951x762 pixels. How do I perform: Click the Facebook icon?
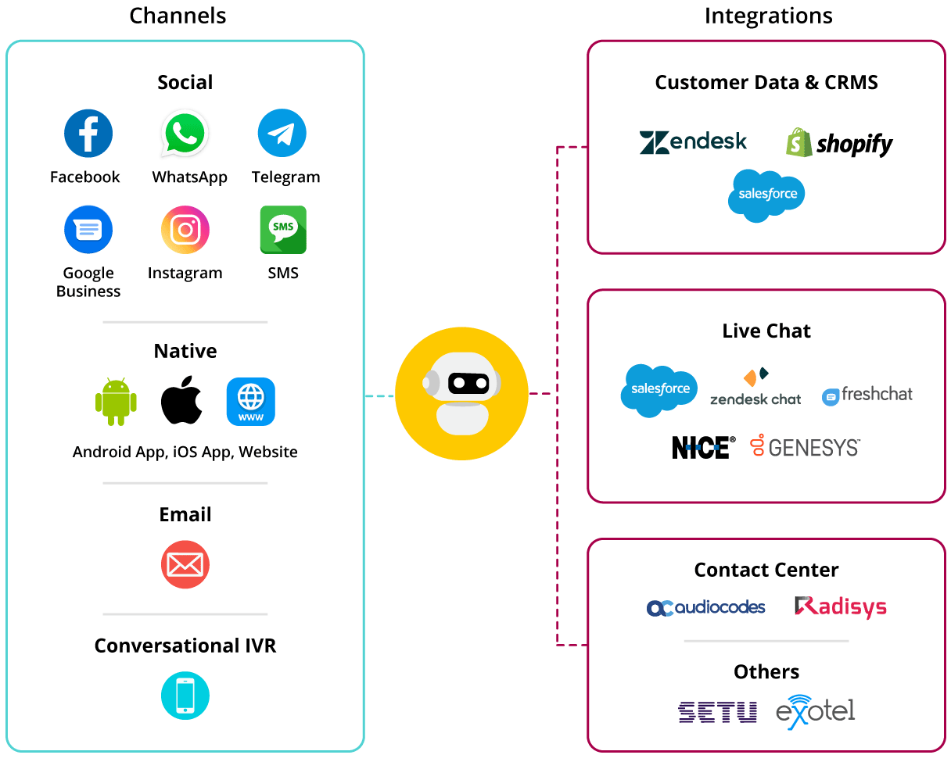click(x=88, y=134)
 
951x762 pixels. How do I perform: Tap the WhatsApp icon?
click(x=185, y=134)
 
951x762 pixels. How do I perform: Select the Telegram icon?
click(x=282, y=134)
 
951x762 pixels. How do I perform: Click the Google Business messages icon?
click(x=88, y=230)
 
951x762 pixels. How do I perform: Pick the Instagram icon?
click(x=185, y=230)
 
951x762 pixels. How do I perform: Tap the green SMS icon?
click(x=283, y=230)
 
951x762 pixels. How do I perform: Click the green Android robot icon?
click(x=116, y=402)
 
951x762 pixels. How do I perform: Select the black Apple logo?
click(x=181, y=402)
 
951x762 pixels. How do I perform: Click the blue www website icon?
click(x=251, y=402)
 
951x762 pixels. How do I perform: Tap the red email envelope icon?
click(x=185, y=564)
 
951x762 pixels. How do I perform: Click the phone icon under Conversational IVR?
click(x=185, y=696)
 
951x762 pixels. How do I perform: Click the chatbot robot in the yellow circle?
click(x=461, y=393)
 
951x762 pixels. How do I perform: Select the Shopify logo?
click(x=839, y=143)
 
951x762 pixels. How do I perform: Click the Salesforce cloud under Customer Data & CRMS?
click(x=766, y=195)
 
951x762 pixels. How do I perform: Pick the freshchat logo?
click(x=867, y=395)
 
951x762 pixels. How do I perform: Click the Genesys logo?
click(x=806, y=447)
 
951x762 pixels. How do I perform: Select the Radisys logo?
click(x=841, y=606)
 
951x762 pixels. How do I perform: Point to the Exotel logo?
click(x=815, y=710)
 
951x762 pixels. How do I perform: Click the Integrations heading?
click(x=768, y=16)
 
